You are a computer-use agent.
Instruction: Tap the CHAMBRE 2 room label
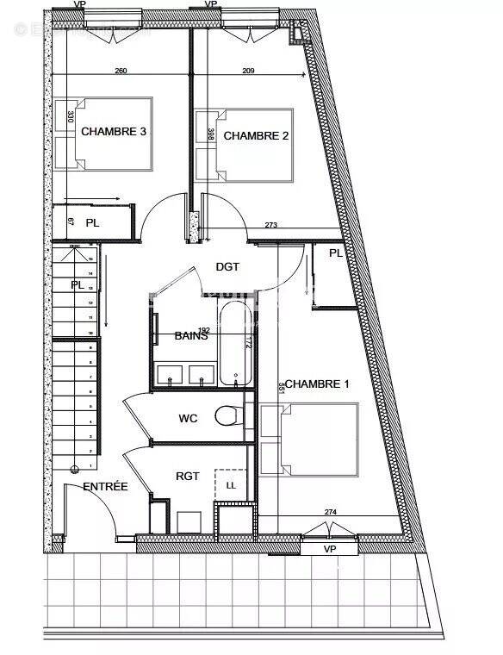click(251, 135)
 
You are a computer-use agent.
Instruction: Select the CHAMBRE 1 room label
click(316, 384)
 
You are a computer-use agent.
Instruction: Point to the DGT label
click(227, 267)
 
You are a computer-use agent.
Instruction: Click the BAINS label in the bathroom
click(191, 335)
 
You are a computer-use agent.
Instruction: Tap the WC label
click(189, 419)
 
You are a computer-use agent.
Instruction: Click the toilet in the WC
click(228, 415)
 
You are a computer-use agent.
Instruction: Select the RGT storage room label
click(188, 475)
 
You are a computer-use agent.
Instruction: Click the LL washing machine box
click(231, 486)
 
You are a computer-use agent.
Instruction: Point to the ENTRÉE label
click(105, 487)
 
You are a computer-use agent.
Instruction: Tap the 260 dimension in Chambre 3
click(121, 72)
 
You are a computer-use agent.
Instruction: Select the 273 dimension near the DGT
click(270, 226)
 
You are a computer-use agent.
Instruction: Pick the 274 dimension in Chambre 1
click(331, 513)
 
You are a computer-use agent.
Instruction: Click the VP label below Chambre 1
click(329, 548)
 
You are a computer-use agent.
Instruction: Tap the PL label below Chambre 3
click(91, 222)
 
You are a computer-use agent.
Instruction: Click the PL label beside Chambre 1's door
click(335, 253)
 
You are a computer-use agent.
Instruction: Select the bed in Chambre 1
click(310, 440)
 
